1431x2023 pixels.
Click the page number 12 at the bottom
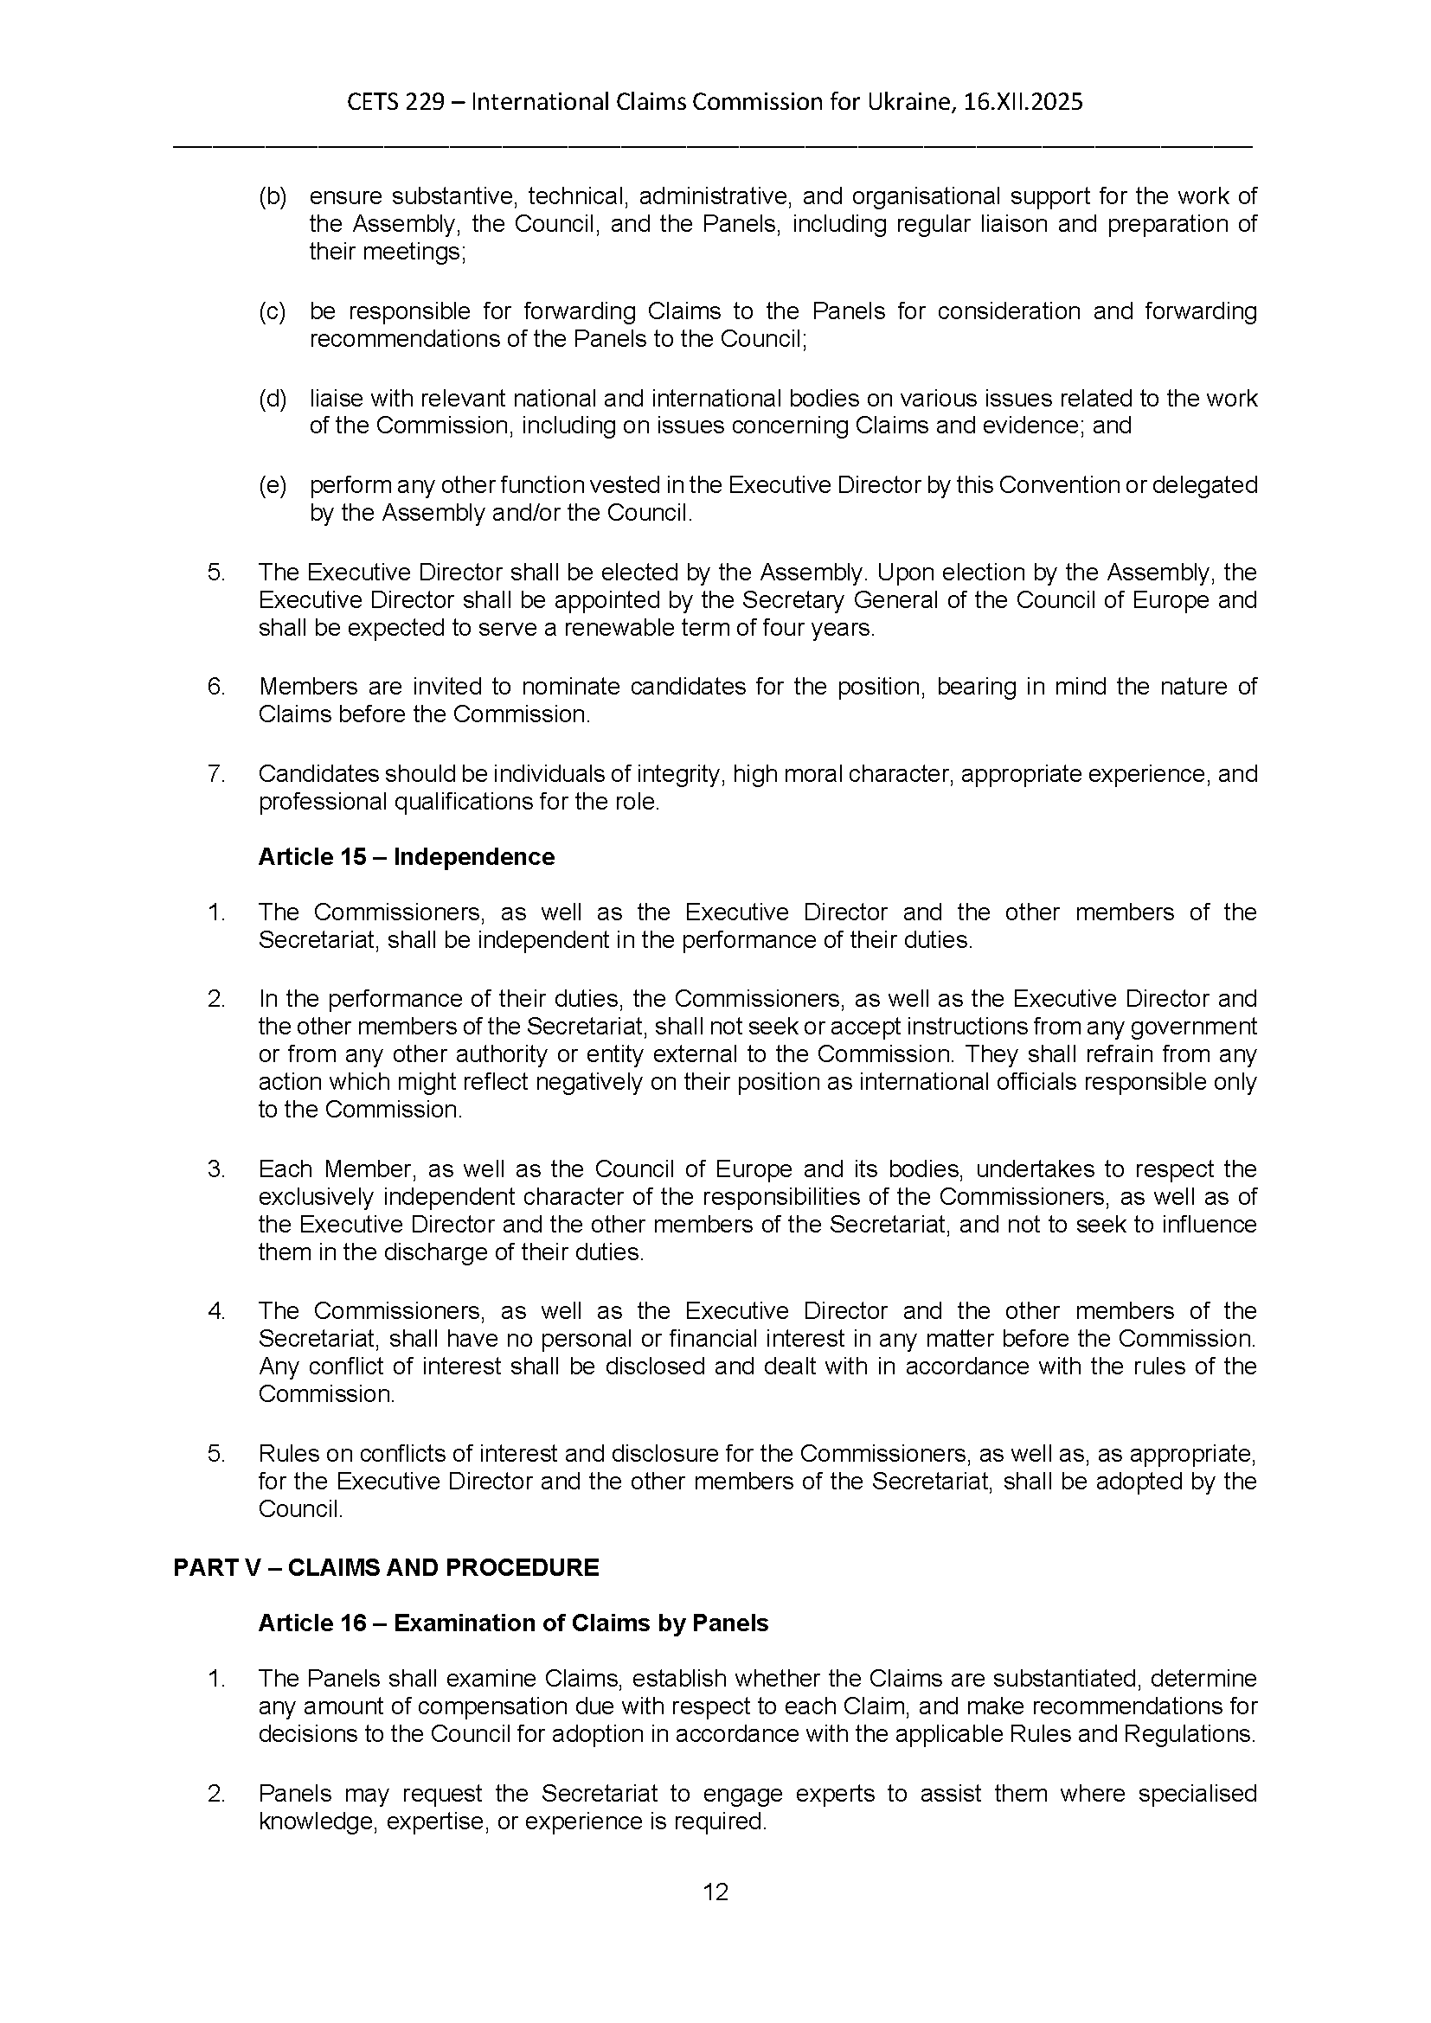[715, 1892]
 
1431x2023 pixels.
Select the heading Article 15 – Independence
[407, 857]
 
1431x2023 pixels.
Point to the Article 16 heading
[513, 1623]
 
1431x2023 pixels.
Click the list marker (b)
[273, 196]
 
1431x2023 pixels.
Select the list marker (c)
[273, 311]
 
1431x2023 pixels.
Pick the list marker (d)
[273, 398]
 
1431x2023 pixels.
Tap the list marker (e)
[273, 485]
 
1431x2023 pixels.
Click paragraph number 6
[216, 687]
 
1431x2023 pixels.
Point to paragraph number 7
[216, 773]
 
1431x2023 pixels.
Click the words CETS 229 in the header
[395, 102]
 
